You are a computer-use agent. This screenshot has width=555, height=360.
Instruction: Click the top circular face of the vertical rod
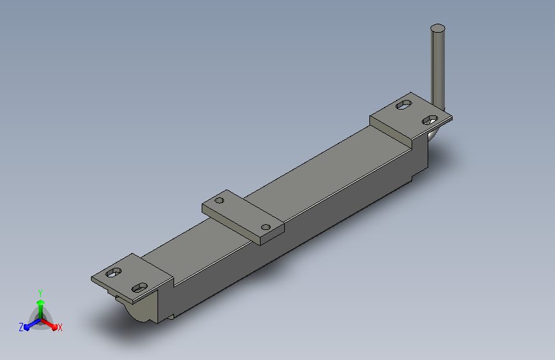coord(437,28)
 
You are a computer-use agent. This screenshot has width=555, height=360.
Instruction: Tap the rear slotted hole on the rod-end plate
coord(403,104)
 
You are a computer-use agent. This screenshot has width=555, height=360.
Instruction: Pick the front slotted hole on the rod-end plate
coord(430,120)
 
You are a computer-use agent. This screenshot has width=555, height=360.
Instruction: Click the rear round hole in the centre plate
coord(219,200)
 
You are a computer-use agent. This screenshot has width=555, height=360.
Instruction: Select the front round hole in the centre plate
coord(266,227)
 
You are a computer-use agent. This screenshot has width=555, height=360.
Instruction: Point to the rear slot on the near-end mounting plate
coord(113,272)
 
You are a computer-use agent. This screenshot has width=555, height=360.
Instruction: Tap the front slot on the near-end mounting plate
coord(140,288)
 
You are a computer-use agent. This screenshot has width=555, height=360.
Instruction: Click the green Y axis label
coord(40,293)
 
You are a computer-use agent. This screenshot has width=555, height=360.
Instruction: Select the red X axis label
coord(60,327)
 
